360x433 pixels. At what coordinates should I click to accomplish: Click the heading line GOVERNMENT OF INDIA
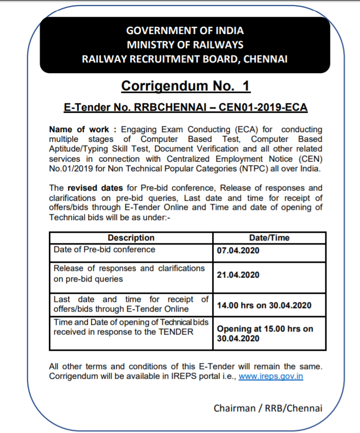click(x=185, y=31)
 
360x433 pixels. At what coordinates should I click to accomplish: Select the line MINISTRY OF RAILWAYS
click(x=185, y=45)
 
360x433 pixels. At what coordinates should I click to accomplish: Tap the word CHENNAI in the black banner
click(x=266, y=59)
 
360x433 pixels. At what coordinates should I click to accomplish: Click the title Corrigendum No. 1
click(x=186, y=86)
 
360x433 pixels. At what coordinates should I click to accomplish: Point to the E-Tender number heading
click(x=186, y=108)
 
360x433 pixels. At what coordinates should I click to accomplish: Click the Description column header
click(x=131, y=238)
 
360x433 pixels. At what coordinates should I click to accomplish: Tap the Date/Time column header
click(x=269, y=238)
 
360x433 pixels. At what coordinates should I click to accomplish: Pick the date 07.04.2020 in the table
click(x=238, y=251)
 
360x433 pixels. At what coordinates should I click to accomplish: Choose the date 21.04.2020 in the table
click(x=238, y=275)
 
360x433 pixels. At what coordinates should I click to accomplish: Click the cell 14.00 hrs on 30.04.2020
click(x=264, y=305)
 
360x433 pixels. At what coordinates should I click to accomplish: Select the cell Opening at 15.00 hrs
click(x=265, y=329)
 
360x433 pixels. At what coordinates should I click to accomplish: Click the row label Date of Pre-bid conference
click(x=104, y=250)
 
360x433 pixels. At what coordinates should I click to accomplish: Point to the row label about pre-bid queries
click(x=129, y=273)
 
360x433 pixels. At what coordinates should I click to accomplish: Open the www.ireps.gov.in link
click(x=271, y=377)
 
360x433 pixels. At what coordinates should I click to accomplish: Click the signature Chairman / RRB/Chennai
click(x=267, y=408)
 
